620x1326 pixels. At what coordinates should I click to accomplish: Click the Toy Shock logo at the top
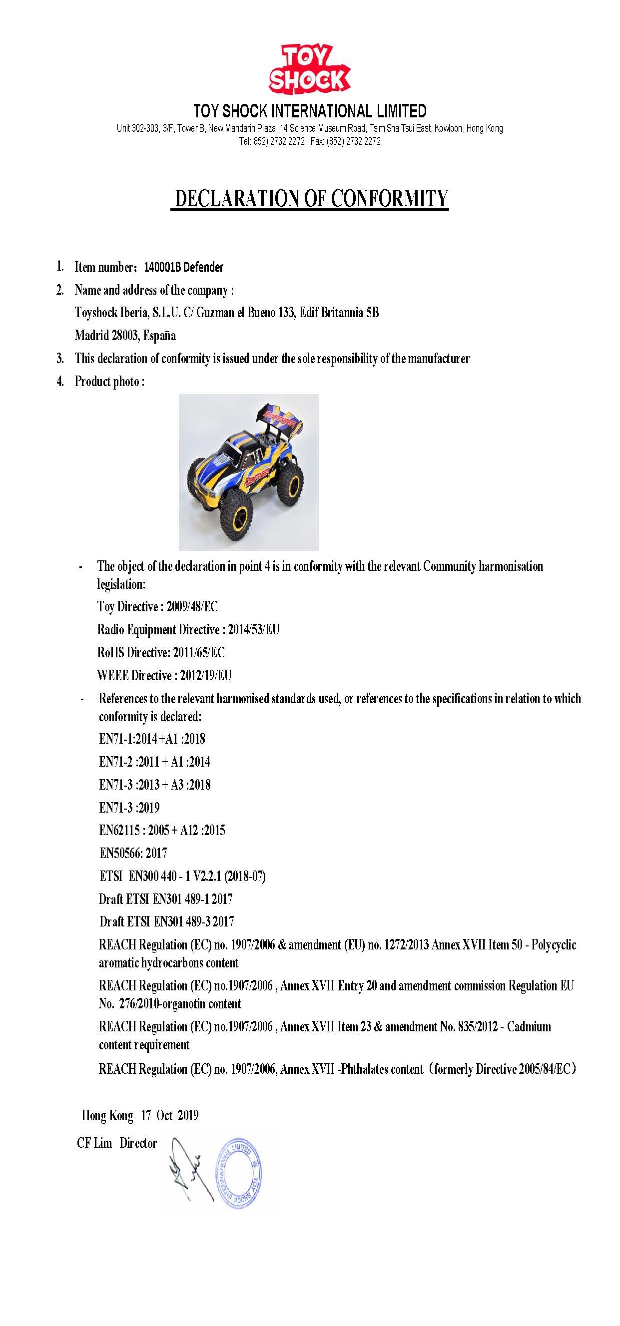309,69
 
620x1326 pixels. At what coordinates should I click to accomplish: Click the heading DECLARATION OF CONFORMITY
310,199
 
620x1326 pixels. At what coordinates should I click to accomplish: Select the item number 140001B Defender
183,267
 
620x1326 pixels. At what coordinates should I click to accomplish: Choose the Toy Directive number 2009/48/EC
192,606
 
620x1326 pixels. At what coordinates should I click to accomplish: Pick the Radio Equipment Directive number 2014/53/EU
254,630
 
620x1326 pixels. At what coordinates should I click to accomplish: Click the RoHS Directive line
161,653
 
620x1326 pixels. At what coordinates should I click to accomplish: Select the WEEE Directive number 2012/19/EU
206,675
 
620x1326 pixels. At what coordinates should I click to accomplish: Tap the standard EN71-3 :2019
129,807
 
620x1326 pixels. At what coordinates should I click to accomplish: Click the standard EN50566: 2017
133,853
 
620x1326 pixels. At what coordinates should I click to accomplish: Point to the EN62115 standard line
162,830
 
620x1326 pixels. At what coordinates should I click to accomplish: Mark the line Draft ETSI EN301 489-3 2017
166,921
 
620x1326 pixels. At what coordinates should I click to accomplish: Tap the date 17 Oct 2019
169,1115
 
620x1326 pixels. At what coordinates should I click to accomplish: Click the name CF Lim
94,1143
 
